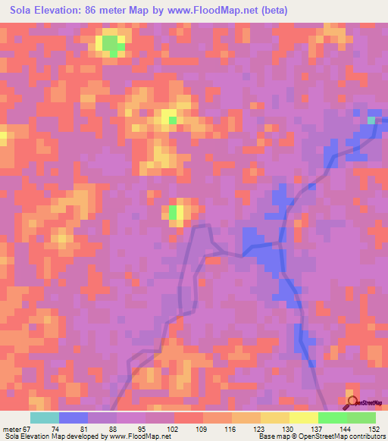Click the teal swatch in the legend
(x=44, y=418)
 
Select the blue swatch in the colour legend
(x=73, y=418)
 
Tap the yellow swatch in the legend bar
(x=304, y=418)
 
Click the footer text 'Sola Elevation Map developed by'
(x=54, y=436)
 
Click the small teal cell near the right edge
(x=371, y=120)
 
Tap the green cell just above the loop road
(x=174, y=212)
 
